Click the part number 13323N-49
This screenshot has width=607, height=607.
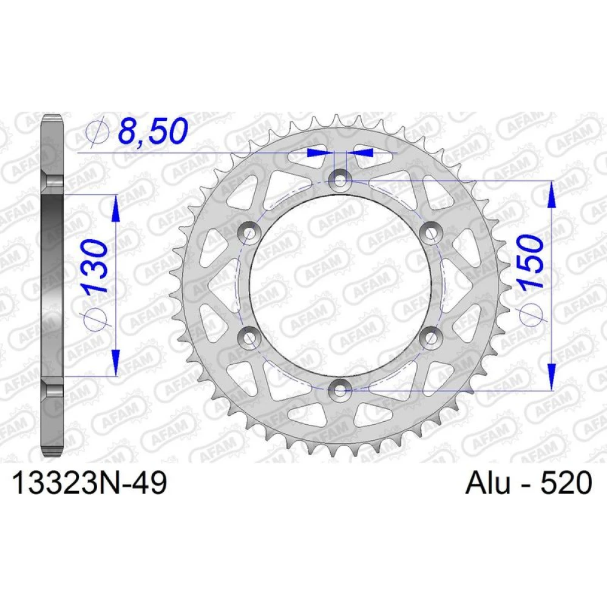coord(90,484)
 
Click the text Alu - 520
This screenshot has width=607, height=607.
coord(529,483)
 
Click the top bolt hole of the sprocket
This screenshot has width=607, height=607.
coord(339,180)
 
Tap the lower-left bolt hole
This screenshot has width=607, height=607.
coord(249,337)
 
